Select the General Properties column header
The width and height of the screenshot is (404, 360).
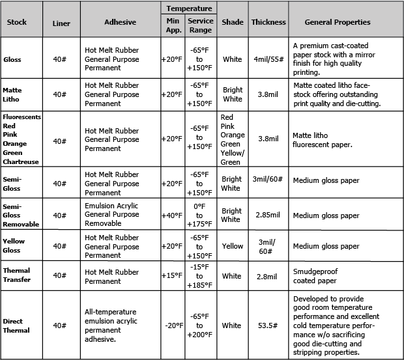coord(338,22)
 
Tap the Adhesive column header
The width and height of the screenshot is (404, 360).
coord(120,22)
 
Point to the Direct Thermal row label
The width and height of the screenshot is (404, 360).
coord(16,325)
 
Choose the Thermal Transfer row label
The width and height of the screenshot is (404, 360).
coord(16,276)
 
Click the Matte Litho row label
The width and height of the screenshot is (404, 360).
coord(13,94)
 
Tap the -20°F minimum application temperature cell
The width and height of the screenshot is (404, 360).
coord(172,325)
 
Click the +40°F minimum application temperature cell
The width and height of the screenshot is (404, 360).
coord(172,215)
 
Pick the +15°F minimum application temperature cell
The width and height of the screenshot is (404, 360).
coord(172,276)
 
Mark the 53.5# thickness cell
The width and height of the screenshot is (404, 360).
coord(268,325)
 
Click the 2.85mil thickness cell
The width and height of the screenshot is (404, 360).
coord(268,215)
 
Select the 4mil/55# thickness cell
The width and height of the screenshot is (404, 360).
coord(268,59)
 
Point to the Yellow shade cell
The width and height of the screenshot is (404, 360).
coord(232,246)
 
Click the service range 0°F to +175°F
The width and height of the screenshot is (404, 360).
coord(199,215)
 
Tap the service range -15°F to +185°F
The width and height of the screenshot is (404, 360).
coord(199,276)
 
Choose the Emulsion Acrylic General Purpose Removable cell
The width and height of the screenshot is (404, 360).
coord(112,215)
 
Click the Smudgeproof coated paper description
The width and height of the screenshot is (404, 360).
coord(315,276)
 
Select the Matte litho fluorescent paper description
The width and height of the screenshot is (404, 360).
coord(323,140)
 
